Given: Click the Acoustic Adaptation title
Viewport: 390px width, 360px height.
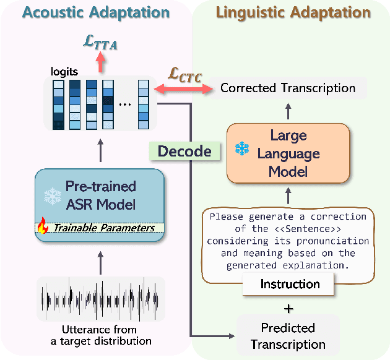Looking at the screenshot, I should (x=95, y=12).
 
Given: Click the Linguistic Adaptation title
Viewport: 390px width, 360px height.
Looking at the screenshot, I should (x=293, y=12).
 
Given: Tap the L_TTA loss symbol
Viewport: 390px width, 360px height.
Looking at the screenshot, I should (x=100, y=43).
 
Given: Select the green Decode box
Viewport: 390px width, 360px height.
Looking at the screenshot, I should (x=184, y=152).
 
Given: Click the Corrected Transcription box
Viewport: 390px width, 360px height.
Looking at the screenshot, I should (x=288, y=88).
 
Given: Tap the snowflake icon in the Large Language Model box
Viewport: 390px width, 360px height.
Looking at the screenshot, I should (x=242, y=149).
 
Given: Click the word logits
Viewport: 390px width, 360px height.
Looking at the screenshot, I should (x=64, y=71).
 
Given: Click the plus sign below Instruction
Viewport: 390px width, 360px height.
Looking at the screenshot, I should (x=288, y=307).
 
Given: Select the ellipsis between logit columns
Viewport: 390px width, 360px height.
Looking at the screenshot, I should (x=125, y=104).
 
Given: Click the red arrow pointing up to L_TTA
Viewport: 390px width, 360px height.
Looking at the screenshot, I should (x=100, y=62).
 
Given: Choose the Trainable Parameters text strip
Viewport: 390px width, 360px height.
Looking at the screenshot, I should (x=102, y=228).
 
